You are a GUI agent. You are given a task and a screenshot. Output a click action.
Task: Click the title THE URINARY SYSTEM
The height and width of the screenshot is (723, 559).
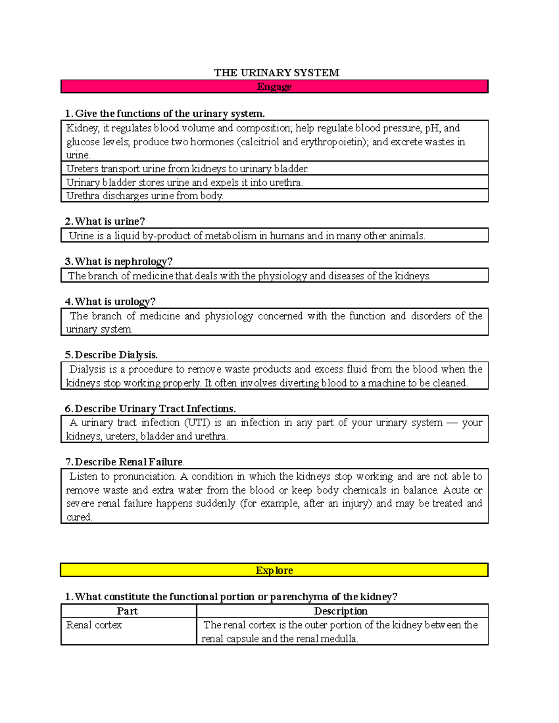pyautogui.click(x=277, y=73)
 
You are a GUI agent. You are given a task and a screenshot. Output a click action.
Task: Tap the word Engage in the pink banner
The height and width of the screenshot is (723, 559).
pyautogui.click(x=274, y=87)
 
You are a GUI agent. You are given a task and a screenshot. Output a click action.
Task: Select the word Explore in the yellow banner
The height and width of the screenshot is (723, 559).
pyautogui.click(x=274, y=570)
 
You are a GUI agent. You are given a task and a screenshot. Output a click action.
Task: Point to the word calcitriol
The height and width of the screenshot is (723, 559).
pyautogui.click(x=259, y=142)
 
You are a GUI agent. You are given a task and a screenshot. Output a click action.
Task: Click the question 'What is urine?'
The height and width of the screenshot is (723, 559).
pyautogui.click(x=110, y=222)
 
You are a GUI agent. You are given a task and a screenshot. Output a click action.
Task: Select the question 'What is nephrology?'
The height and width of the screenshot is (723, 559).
pyautogui.click(x=123, y=262)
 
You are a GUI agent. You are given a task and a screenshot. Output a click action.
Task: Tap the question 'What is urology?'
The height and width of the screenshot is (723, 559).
pyautogui.click(x=115, y=302)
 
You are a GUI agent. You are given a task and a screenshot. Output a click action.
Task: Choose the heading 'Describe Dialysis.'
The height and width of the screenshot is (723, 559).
pyautogui.click(x=116, y=355)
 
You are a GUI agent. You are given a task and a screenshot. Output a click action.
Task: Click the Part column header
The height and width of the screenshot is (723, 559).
pyautogui.click(x=127, y=611)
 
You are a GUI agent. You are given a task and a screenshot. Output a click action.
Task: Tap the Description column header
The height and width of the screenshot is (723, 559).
pyautogui.click(x=341, y=611)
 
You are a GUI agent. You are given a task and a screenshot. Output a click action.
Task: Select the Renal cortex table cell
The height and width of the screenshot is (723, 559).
pyautogui.click(x=94, y=625)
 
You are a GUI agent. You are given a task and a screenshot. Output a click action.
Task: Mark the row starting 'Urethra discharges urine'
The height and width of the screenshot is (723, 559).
pyautogui.click(x=145, y=196)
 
